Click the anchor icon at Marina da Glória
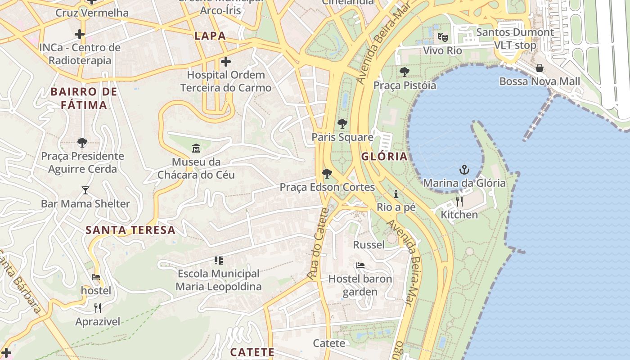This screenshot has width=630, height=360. point(464,170)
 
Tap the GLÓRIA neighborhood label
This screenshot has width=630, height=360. point(384,157)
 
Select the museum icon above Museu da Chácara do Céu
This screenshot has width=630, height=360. point(196,148)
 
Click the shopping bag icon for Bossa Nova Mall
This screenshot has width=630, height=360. point(540,68)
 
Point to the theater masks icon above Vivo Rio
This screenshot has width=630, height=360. point(443,37)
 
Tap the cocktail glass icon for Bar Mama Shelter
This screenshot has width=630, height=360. point(85,190)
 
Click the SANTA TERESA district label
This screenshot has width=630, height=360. point(130,230)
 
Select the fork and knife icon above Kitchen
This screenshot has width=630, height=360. point(459,201)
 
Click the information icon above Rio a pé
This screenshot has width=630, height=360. point(396,194)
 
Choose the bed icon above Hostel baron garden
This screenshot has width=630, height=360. point(360,265)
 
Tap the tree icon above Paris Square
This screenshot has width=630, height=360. point(342,124)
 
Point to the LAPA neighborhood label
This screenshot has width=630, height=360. point(210,36)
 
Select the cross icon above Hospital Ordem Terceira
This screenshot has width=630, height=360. point(226,61)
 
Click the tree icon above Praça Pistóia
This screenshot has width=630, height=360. point(405,72)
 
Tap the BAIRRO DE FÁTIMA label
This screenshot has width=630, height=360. point(84,99)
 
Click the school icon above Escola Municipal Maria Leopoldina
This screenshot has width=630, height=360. point(219,260)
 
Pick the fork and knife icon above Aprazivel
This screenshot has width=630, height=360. point(98,308)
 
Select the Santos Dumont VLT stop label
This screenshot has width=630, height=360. point(515,39)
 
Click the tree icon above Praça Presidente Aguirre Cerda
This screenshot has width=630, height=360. point(82,143)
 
